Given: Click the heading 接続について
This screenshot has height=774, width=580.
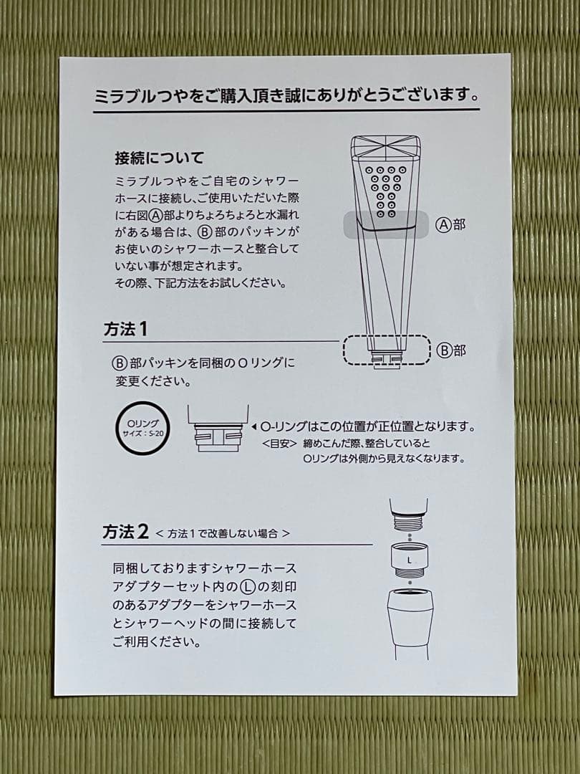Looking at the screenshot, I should click(159, 157).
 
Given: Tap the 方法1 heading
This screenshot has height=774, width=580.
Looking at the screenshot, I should click(125, 330).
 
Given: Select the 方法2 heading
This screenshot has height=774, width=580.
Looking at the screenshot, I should click(125, 532).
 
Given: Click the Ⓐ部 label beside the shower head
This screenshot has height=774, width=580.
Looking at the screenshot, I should click(450, 224).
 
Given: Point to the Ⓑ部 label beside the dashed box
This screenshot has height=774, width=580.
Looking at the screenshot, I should click(450, 350).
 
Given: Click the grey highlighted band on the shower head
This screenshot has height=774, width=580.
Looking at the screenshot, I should click(387, 224).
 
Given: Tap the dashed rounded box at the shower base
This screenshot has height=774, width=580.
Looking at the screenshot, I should click(386, 350).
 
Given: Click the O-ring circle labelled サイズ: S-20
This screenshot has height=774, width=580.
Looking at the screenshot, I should click(144, 429).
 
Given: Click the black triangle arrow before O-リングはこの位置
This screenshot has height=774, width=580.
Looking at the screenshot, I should click(253, 426).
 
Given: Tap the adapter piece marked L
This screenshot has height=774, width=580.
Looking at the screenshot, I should click(409, 558).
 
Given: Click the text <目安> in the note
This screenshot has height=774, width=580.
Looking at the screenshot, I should click(279, 443).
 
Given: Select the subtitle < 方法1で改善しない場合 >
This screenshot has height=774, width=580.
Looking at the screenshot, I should click(223, 534).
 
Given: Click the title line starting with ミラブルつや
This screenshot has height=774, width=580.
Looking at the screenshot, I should click(286, 95).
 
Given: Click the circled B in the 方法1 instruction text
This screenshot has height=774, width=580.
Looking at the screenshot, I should click(119, 363).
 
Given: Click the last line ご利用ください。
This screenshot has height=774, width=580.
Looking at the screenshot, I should click(156, 642).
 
